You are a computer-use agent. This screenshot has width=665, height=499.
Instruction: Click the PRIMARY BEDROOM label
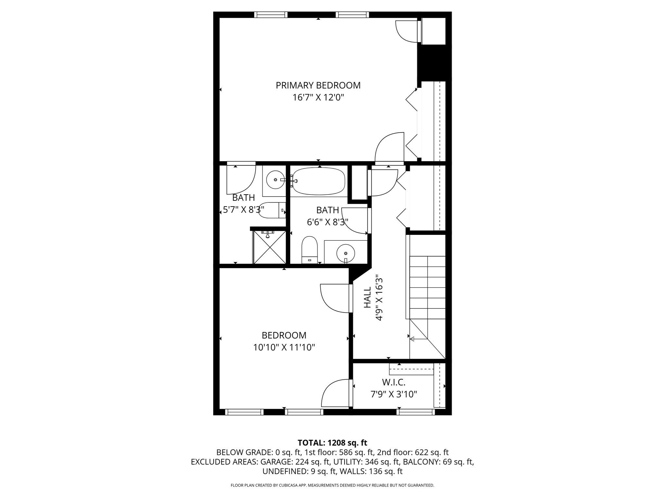pos(318,85)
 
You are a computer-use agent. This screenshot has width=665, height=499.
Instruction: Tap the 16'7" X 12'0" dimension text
pos(318,97)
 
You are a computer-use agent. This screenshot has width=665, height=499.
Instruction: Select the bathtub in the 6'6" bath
pos(319,181)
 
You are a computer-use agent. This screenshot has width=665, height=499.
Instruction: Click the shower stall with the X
pos(269,247)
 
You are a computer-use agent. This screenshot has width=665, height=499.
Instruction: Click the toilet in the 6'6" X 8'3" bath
pos(309,249)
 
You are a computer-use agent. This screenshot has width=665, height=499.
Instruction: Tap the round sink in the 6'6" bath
pos(345,253)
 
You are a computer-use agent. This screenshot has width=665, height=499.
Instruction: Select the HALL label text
pos(367,297)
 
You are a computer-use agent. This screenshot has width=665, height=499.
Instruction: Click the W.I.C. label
pos(394,382)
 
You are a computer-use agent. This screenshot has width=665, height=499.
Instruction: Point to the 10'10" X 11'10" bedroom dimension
pos(284,348)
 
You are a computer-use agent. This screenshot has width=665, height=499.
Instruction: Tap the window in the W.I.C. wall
pos(415,412)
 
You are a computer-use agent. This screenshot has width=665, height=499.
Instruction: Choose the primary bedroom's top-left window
pos(270,15)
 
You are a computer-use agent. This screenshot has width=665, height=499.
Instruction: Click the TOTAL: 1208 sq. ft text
pos(332,443)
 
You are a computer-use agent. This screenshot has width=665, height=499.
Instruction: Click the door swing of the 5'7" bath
pos(241,179)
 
